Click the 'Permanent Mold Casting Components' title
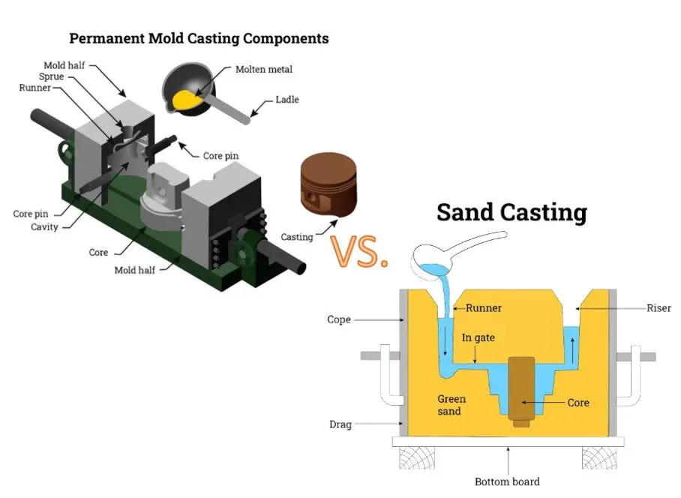coord(198,37)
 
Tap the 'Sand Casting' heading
coord(511,212)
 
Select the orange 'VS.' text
coord(359,253)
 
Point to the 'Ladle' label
coord(286,99)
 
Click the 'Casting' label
coord(296,237)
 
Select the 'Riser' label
coord(658,308)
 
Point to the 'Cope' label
coord(339,319)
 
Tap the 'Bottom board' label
coord(507,481)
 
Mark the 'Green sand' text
coord(451,405)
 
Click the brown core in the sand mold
coord(520,388)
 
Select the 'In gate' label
coord(478,337)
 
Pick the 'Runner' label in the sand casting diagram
coord(484,307)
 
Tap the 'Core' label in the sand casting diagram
coord(577,403)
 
